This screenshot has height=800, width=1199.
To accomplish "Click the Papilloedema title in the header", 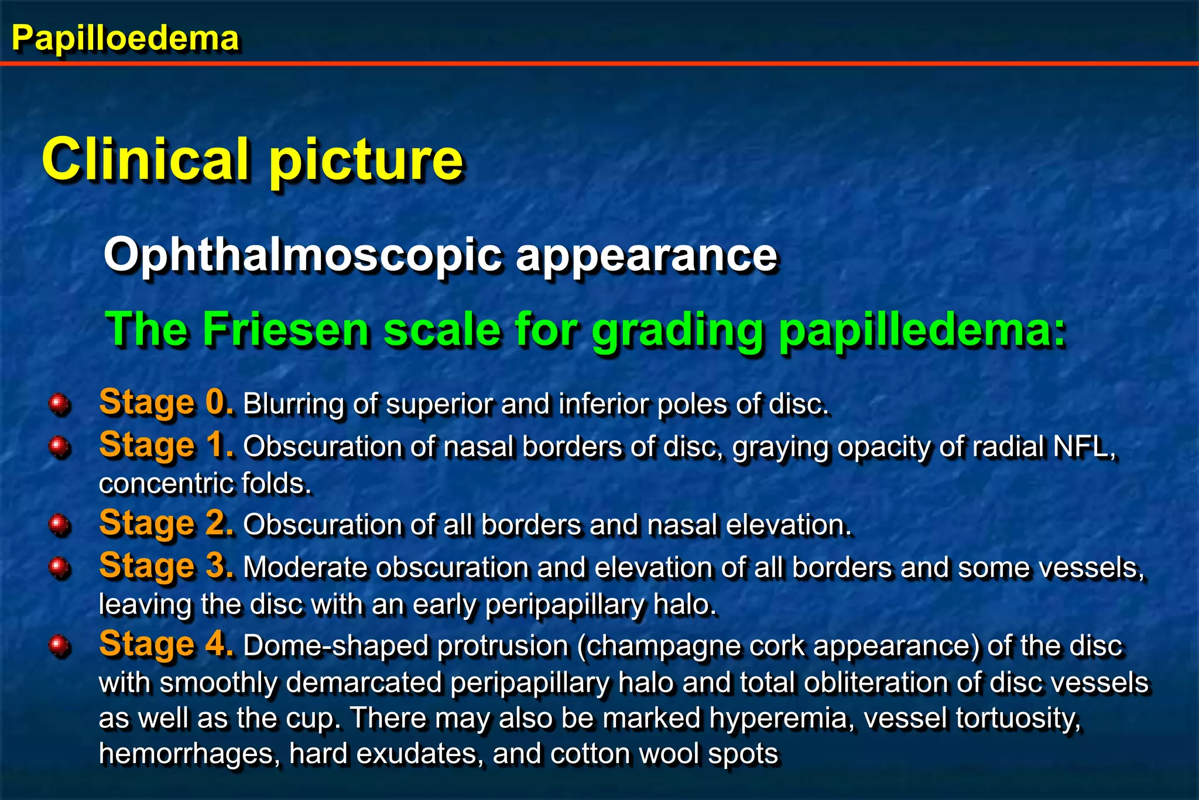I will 125,39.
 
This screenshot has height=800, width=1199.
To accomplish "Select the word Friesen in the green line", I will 286,329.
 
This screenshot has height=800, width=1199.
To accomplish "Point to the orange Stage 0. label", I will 166,402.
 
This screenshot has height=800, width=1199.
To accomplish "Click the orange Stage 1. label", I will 166,445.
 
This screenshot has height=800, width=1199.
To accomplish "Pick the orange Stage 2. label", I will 166,523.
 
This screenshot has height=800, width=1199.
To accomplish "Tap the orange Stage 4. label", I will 166,644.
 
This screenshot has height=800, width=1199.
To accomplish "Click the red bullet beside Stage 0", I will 60,404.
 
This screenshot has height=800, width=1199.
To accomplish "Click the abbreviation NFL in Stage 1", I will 1082,447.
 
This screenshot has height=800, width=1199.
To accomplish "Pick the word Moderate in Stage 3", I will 305,567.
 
